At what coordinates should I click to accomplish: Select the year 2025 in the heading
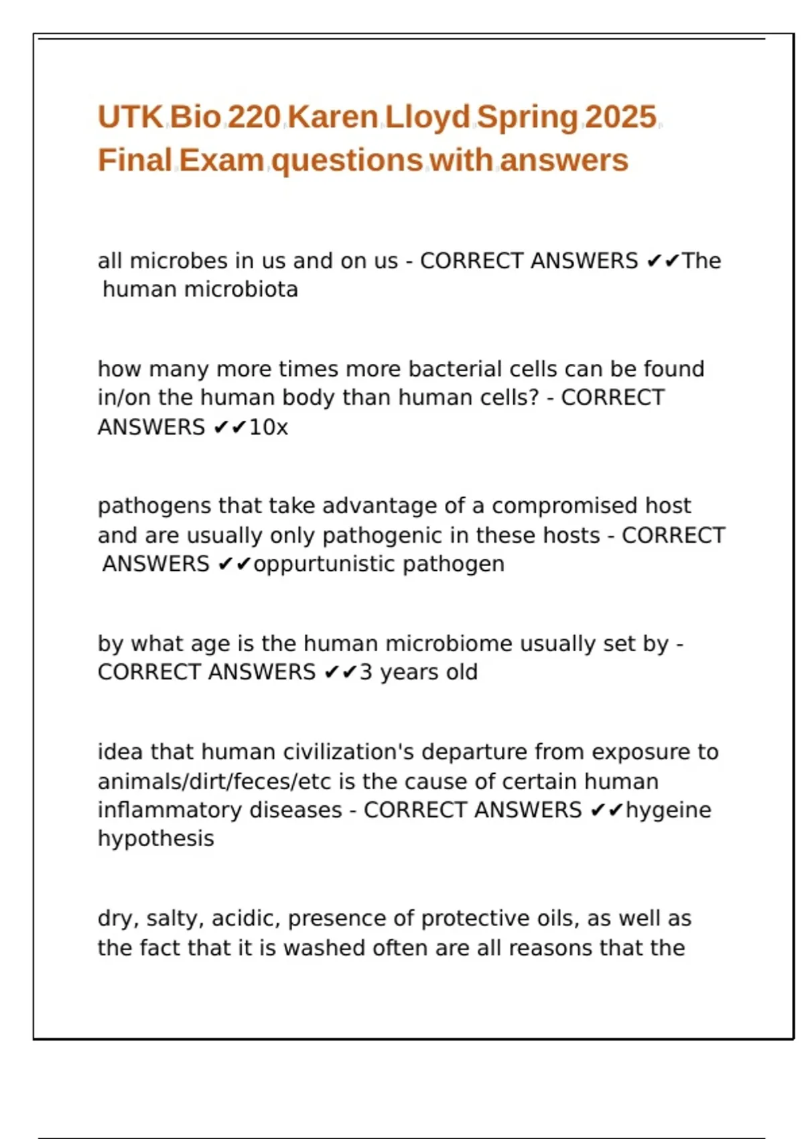[620, 117]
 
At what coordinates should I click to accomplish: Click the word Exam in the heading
[222, 161]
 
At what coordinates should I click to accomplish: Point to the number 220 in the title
[254, 117]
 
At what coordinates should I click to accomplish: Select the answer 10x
[269, 427]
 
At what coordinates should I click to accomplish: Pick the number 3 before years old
[366, 672]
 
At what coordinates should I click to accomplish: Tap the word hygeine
[669, 810]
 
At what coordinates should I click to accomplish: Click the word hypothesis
[156, 839]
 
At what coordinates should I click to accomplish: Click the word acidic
[246, 919]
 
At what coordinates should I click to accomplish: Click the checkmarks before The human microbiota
[663, 261]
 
